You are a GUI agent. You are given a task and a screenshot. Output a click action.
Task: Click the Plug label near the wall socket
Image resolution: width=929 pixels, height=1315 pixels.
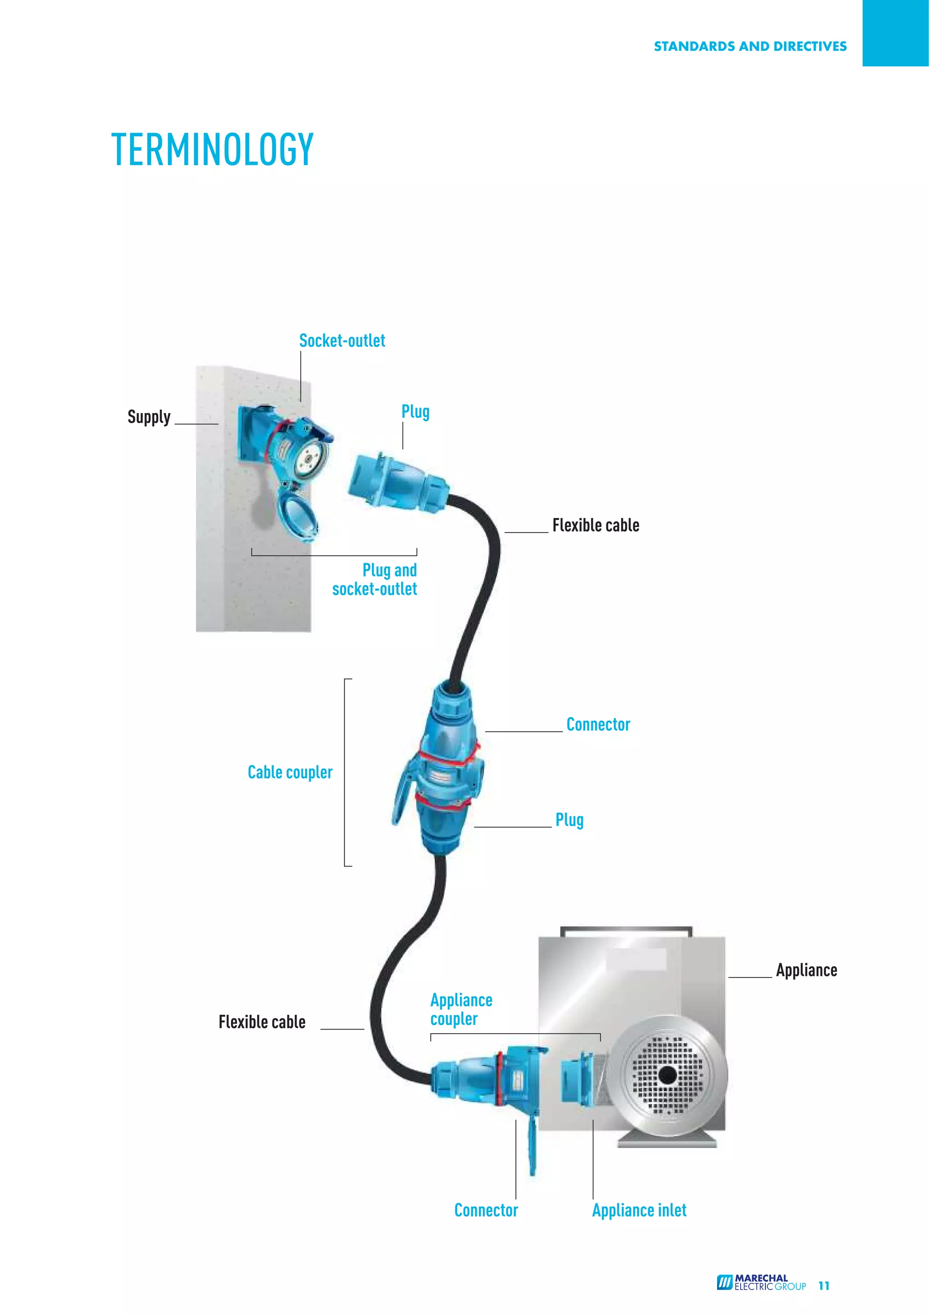point(415,412)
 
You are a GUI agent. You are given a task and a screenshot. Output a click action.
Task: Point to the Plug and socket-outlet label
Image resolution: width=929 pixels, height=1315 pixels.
point(376,580)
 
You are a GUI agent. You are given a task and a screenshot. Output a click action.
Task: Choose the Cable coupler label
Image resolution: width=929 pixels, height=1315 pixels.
point(290,772)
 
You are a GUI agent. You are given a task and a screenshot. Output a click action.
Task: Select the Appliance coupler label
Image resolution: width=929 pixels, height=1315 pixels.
point(461,1009)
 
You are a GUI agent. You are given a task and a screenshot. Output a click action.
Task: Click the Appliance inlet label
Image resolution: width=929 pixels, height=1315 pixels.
point(639,1210)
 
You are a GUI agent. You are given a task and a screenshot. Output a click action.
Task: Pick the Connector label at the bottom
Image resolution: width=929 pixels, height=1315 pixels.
point(486,1210)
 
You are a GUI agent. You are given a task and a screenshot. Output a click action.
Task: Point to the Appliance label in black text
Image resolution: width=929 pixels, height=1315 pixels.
point(806,970)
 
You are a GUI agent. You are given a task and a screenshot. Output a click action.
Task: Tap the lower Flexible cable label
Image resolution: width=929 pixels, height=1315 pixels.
point(262,1022)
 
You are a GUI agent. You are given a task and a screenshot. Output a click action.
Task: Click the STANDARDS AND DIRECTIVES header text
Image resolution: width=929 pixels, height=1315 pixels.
point(750,46)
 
